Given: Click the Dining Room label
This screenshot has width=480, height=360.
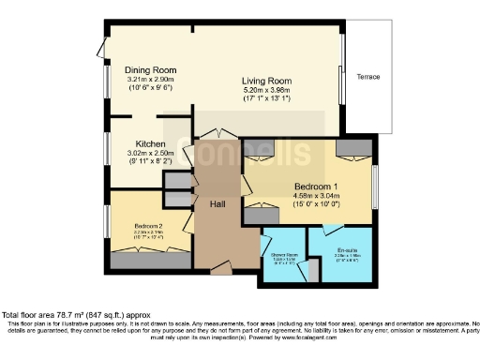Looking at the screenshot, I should (152, 70).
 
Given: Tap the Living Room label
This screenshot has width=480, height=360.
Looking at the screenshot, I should (266, 80).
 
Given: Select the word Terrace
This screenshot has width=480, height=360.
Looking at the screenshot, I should (368, 77).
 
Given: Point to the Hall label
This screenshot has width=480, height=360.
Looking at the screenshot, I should (217, 204).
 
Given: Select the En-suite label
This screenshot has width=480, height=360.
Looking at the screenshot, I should (347, 248).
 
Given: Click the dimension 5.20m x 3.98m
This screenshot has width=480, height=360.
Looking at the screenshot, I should (266, 89).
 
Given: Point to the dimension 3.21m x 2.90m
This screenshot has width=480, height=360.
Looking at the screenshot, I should (152, 80).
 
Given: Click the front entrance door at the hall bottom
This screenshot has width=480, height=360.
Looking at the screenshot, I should (220, 272).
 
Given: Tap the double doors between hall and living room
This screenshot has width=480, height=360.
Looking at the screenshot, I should (217, 132).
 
